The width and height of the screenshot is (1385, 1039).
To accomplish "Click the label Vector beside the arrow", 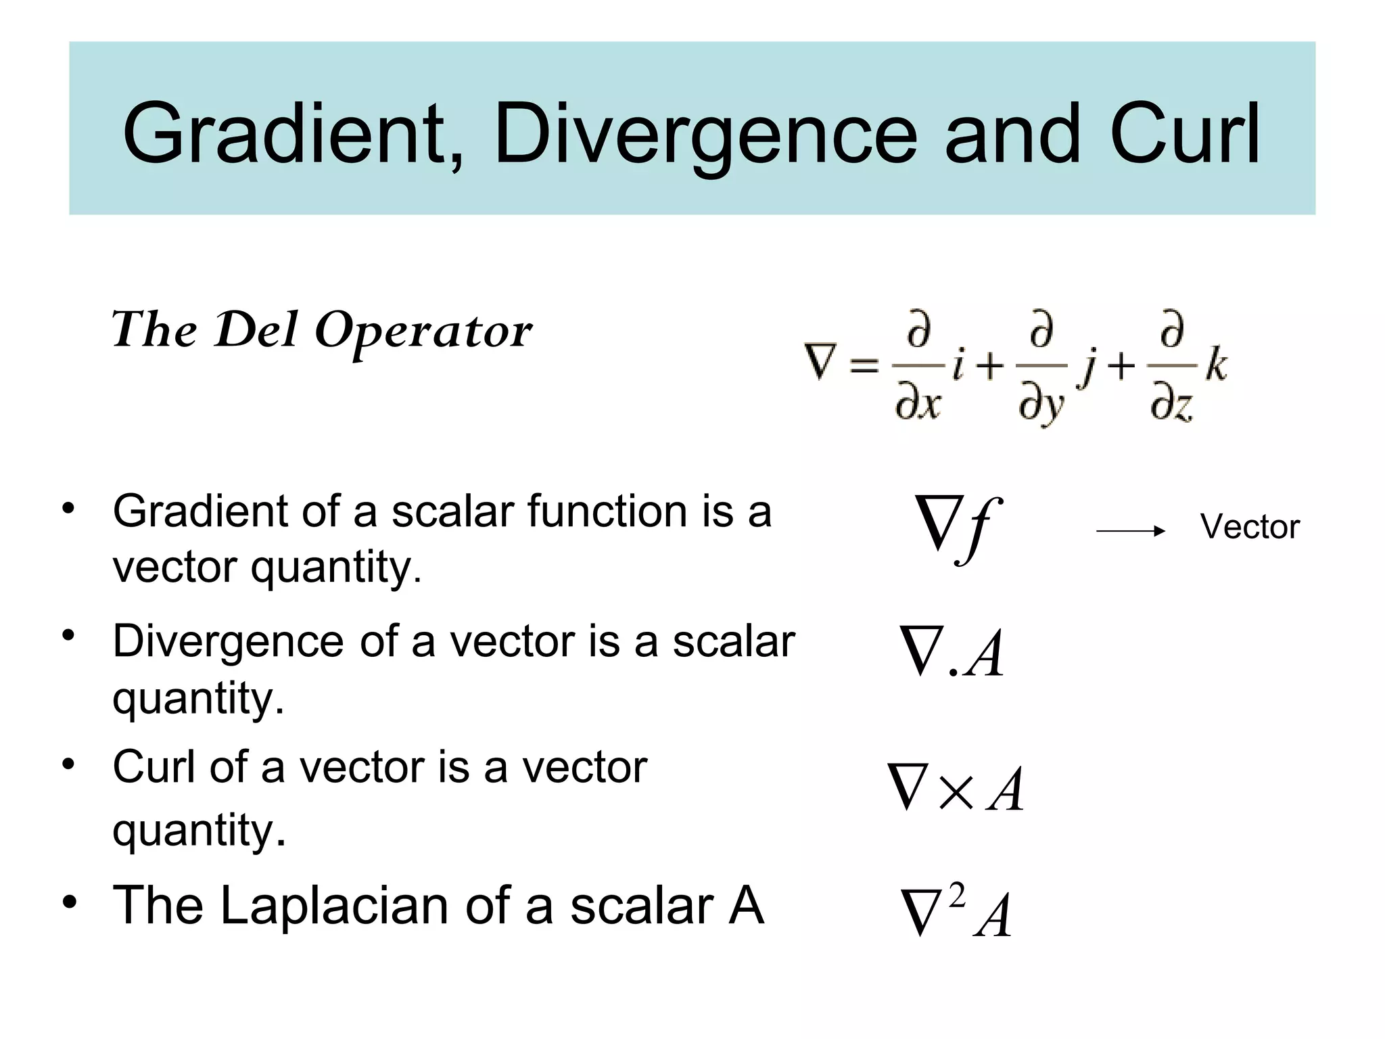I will click(1250, 527).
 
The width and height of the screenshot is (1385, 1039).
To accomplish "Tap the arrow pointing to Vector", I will click(1130, 532).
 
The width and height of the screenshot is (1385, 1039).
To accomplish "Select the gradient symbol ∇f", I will click(955, 528).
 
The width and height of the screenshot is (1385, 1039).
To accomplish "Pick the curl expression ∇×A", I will click(956, 788).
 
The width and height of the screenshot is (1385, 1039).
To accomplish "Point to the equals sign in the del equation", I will click(864, 367).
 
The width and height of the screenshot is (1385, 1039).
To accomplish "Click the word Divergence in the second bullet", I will click(228, 641).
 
